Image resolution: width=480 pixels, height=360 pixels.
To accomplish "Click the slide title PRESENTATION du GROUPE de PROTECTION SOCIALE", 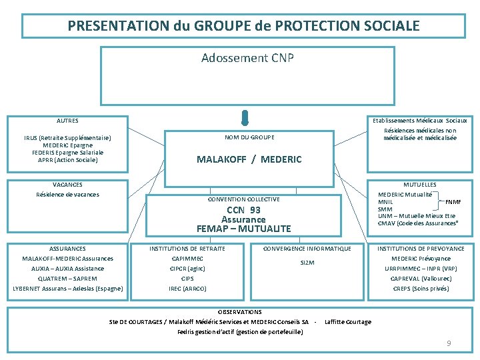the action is tap(243, 26).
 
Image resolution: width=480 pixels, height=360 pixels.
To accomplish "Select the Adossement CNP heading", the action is tap(247, 58).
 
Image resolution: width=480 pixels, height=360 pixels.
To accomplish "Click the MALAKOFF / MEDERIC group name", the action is tap(249, 159).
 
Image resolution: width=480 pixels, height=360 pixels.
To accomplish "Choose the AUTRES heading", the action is tap(67, 121).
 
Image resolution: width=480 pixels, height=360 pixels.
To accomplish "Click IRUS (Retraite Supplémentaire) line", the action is tap(67, 138).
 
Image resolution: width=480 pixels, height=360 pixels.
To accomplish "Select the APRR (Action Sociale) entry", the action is tap(67, 160).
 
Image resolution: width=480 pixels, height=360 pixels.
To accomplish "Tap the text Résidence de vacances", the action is tap(67, 195).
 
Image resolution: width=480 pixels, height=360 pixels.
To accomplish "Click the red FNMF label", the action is tap(453, 201).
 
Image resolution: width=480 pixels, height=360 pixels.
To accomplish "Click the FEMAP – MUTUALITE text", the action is tap(243, 229).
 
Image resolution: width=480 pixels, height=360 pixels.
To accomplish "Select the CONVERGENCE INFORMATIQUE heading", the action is tap(307, 249).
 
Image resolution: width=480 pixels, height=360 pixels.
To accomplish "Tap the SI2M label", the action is tap(307, 263).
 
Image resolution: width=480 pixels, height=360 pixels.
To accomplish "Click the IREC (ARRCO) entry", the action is tap(187, 289).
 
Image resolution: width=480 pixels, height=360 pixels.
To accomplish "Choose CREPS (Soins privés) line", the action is tap(420, 289).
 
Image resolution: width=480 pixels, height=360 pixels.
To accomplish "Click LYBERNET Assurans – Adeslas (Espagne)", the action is tap(67, 289).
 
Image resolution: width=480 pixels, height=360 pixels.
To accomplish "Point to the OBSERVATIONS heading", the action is tap(240, 311).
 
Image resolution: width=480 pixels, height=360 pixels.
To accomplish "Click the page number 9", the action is tap(449, 343).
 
